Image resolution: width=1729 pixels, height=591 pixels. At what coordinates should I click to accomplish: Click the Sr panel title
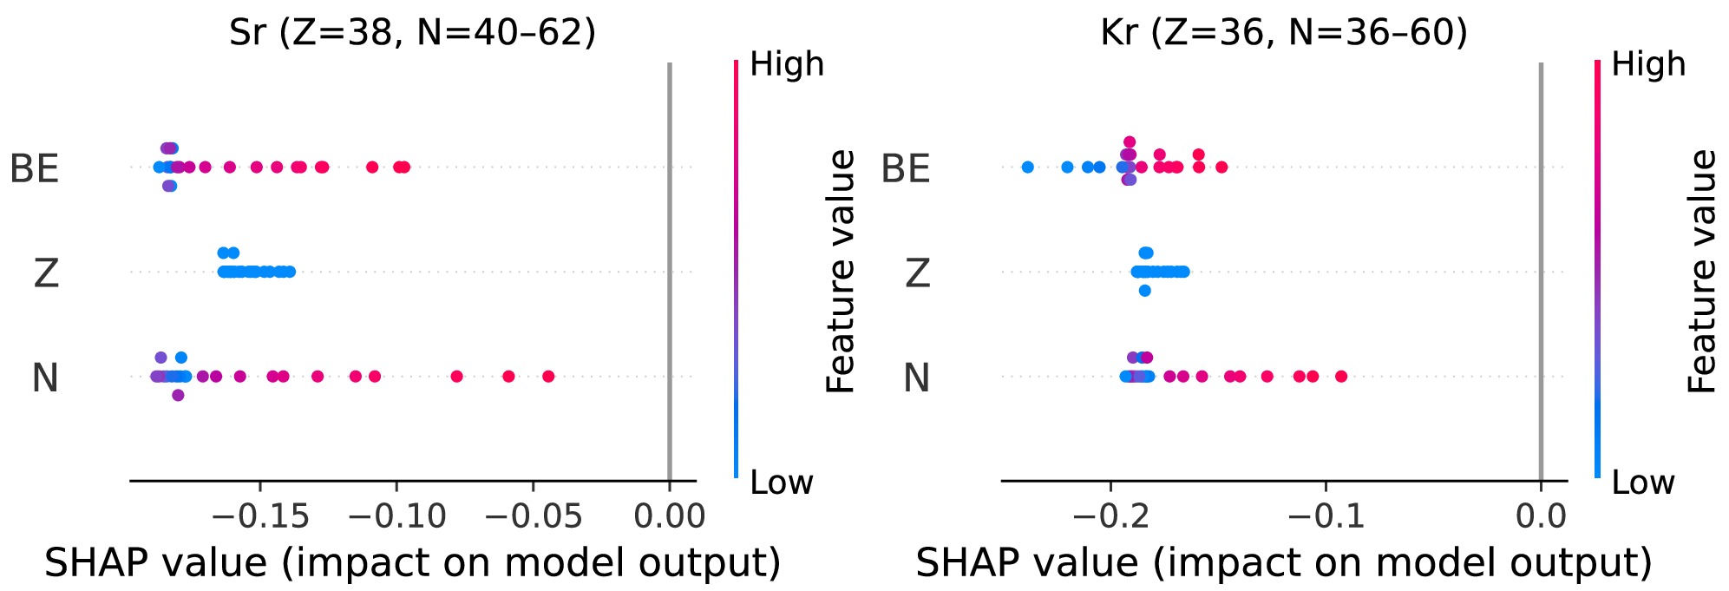click(x=412, y=33)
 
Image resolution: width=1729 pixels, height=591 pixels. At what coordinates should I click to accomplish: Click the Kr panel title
click(x=1284, y=33)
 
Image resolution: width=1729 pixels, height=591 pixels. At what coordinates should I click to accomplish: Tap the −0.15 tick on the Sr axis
click(x=260, y=516)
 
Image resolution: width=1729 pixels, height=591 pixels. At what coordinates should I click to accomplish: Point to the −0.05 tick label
click(x=533, y=516)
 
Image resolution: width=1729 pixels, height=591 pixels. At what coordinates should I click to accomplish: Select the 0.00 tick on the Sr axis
click(x=669, y=516)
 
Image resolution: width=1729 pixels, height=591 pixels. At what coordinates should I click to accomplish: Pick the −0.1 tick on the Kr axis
click(x=1326, y=516)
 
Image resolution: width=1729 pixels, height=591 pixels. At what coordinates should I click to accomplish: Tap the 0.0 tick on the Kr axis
click(x=1541, y=516)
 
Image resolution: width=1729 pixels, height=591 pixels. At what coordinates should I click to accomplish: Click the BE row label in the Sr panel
click(x=35, y=168)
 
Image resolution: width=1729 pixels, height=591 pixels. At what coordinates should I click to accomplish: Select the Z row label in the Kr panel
click(x=918, y=273)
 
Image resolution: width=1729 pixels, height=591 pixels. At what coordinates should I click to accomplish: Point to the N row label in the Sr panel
click(x=45, y=378)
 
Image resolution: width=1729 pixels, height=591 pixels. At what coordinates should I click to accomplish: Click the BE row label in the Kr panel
click(x=906, y=168)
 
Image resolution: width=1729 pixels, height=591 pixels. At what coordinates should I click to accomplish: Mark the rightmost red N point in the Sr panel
click(x=548, y=376)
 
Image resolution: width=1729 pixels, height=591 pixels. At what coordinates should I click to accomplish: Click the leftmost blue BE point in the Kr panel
click(x=1028, y=167)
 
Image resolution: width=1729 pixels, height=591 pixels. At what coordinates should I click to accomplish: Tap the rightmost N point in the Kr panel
click(x=1341, y=376)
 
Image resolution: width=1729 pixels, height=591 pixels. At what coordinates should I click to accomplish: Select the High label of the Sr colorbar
click(x=787, y=64)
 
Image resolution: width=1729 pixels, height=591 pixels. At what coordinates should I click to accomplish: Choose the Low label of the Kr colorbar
click(x=1642, y=483)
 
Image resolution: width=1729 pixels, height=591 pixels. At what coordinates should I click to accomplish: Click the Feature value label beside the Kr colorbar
click(x=1703, y=272)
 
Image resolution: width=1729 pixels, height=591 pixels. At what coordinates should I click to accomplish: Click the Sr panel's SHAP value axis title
click(x=412, y=562)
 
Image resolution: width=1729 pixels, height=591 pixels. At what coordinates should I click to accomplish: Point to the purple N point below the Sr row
click(x=178, y=395)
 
